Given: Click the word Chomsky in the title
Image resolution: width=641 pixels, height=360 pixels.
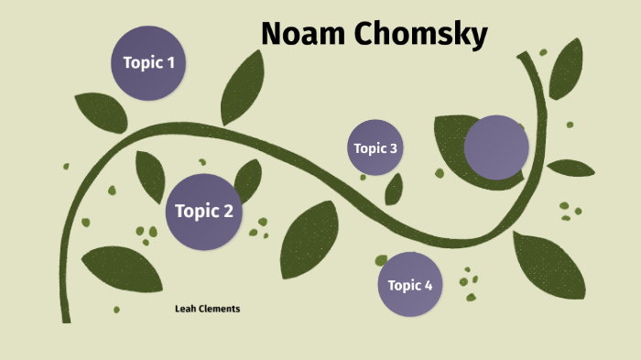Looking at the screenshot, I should (x=420, y=34).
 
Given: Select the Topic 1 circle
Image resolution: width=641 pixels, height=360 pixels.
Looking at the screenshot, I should (x=148, y=63).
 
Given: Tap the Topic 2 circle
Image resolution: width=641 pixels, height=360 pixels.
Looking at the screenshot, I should (x=203, y=212).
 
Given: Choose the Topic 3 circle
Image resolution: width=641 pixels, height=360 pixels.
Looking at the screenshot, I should (x=375, y=147).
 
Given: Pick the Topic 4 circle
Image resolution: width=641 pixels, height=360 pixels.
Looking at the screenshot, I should (x=410, y=285).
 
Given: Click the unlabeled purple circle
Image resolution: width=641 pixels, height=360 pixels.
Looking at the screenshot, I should (x=496, y=147).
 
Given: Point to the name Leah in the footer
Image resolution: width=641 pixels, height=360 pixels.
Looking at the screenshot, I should (x=187, y=309).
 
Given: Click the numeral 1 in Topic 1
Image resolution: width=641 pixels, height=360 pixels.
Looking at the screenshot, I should (x=169, y=63).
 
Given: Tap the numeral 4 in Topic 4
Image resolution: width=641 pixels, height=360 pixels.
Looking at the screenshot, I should (x=428, y=285).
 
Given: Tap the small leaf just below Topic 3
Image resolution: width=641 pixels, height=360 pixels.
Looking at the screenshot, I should (x=395, y=190).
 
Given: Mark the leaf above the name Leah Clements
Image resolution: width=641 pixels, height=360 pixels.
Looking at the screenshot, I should (x=121, y=268).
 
